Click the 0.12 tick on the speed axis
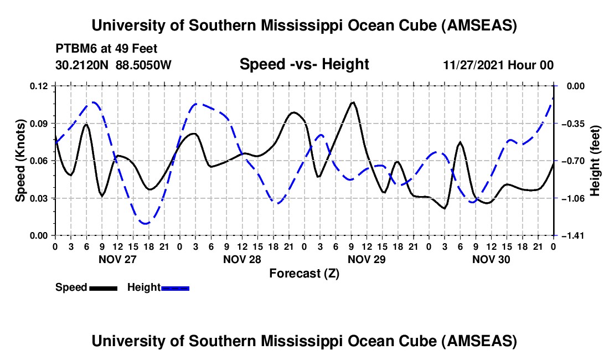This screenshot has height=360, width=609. (x=40, y=86)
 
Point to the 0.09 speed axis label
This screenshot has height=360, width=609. (x=40, y=123)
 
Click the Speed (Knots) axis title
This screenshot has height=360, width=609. (x=20, y=160)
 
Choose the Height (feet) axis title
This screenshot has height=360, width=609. (x=595, y=160)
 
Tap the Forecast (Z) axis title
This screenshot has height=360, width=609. (x=304, y=273)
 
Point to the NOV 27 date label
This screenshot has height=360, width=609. (x=117, y=259)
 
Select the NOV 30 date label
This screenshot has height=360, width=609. (x=491, y=259)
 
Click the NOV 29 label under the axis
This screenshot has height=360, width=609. (x=367, y=259)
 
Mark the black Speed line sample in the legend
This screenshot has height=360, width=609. (x=103, y=287)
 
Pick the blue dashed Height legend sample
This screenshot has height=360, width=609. (x=175, y=287)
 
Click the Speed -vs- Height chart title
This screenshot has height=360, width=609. (x=304, y=64)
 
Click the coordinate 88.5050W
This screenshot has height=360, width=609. (x=144, y=65)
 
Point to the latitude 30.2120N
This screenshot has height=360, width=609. (x=83, y=65)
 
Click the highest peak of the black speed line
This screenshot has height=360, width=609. (x=353, y=102)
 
